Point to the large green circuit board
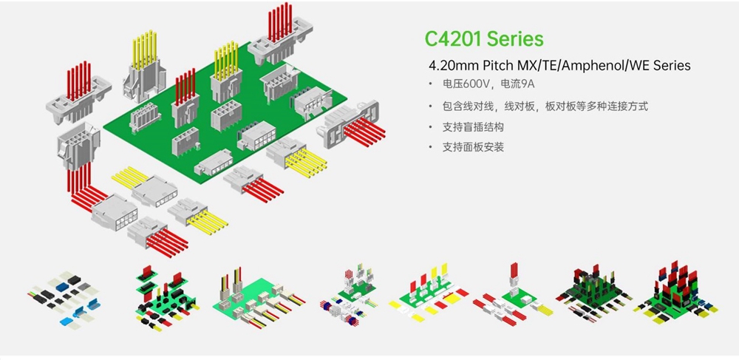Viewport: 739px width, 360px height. click(222, 122)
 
